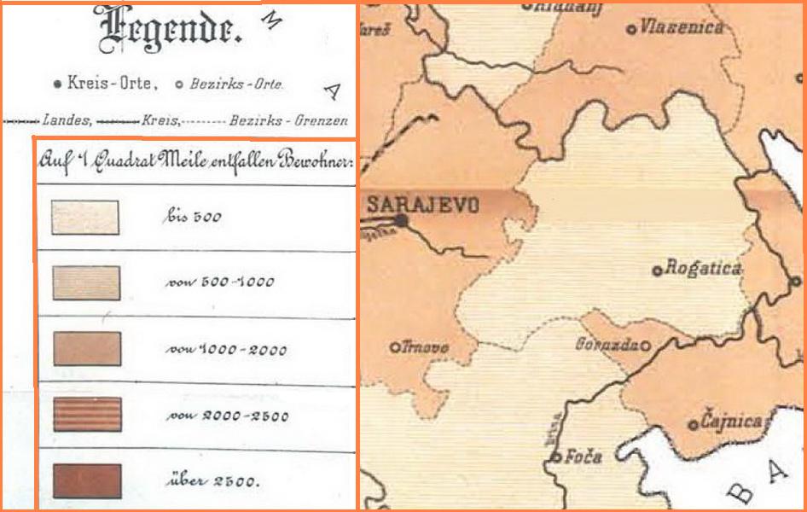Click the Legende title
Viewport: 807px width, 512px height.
[x=171, y=30]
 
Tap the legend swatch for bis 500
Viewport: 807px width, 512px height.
[x=85, y=217]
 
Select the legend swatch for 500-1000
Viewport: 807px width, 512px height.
[x=85, y=282]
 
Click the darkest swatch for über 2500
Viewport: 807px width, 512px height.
[x=87, y=480]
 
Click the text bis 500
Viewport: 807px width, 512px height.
[x=191, y=217]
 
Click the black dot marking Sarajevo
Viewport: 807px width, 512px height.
[x=401, y=221]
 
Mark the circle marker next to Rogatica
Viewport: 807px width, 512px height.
[x=657, y=271]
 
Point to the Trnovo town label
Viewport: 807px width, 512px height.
[x=425, y=347]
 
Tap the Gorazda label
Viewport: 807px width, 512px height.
[x=607, y=344]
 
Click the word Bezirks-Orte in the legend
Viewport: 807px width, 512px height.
[x=235, y=84]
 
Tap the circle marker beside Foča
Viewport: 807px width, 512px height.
[x=555, y=458]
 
